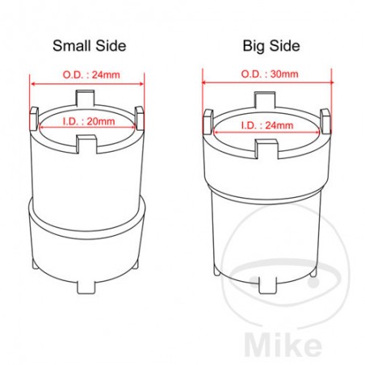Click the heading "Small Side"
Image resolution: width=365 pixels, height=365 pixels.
coord(90,46)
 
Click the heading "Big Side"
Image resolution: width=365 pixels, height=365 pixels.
coord(271,46)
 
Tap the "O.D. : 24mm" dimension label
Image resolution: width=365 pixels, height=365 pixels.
coord(91,74)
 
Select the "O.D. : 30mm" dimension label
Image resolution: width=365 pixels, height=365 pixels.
coord(270,74)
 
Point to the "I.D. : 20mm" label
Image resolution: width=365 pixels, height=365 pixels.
coord(89,121)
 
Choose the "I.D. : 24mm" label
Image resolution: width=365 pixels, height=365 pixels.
coord(267,125)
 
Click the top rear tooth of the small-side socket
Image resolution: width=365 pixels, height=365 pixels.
coord(86,99)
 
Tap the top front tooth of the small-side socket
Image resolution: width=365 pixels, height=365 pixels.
coord(86,144)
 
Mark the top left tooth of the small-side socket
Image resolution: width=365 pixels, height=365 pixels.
coord(34,119)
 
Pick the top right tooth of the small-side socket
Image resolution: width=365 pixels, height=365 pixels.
coord(139,118)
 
